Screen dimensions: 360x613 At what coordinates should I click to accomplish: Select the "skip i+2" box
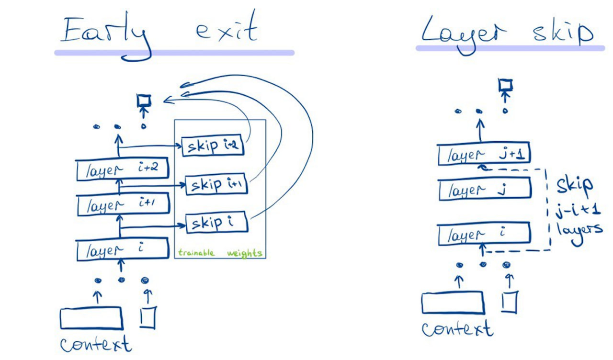(x=213, y=146)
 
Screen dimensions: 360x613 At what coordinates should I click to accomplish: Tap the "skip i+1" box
(x=216, y=185)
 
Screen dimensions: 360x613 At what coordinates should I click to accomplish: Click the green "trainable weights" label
(x=220, y=253)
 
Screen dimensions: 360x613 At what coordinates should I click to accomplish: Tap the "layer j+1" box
(x=484, y=155)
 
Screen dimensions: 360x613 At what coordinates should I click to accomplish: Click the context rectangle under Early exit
(x=91, y=319)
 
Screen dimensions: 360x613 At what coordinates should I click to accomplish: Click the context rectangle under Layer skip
(x=453, y=303)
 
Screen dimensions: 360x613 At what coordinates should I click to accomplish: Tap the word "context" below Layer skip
(x=457, y=329)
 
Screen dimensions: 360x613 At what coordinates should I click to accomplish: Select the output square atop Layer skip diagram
(x=505, y=85)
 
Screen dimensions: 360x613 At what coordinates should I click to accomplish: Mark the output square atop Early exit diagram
(x=144, y=101)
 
